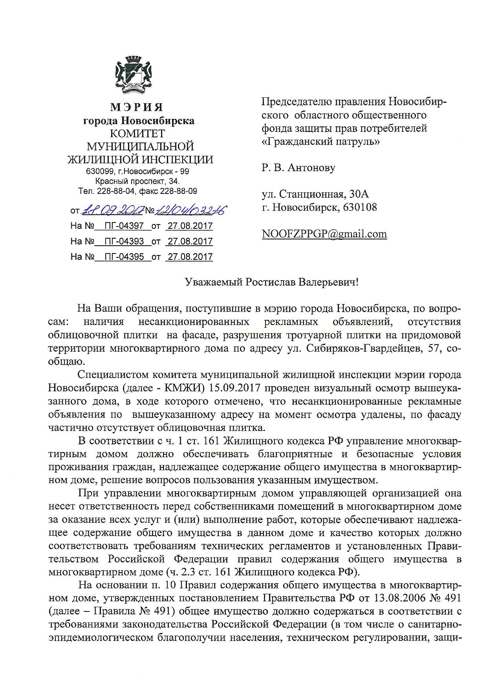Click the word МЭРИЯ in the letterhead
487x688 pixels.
click(137, 107)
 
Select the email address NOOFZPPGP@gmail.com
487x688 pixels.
click(324, 234)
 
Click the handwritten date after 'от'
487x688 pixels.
click(113, 210)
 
